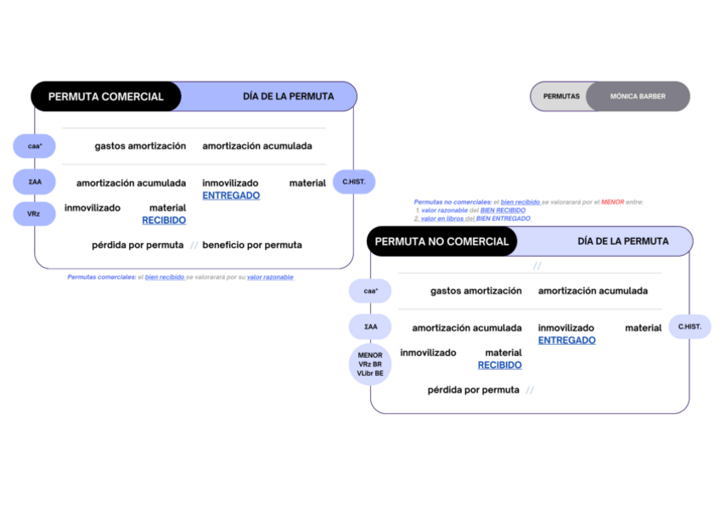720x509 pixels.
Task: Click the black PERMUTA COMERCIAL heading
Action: [105, 97]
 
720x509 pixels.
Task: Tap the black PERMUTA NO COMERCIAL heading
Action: [442, 241]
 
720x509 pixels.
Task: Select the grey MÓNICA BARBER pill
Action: [638, 97]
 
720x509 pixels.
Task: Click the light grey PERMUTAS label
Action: [561, 97]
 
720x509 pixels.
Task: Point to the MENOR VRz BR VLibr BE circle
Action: [370, 365]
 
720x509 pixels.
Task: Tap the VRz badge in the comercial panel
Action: [34, 213]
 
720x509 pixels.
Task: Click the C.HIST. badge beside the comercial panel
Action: [354, 182]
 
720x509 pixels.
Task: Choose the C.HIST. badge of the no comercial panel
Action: [689, 326]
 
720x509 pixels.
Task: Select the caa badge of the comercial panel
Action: [35, 146]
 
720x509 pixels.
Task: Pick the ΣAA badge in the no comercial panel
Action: [370, 326]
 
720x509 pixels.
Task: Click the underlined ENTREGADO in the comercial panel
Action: [231, 195]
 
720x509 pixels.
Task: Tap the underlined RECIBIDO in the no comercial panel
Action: [499, 365]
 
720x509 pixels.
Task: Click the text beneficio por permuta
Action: [252, 245]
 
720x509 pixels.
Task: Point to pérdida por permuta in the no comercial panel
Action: [474, 390]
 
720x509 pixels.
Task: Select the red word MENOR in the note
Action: [612, 201]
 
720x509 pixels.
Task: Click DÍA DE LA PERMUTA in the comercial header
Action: [289, 97]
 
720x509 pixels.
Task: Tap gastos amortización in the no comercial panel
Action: [476, 291]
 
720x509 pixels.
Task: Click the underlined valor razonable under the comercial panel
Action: [270, 277]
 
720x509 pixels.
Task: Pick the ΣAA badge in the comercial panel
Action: [35, 182]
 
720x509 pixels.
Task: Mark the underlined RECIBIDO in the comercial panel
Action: [164, 220]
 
